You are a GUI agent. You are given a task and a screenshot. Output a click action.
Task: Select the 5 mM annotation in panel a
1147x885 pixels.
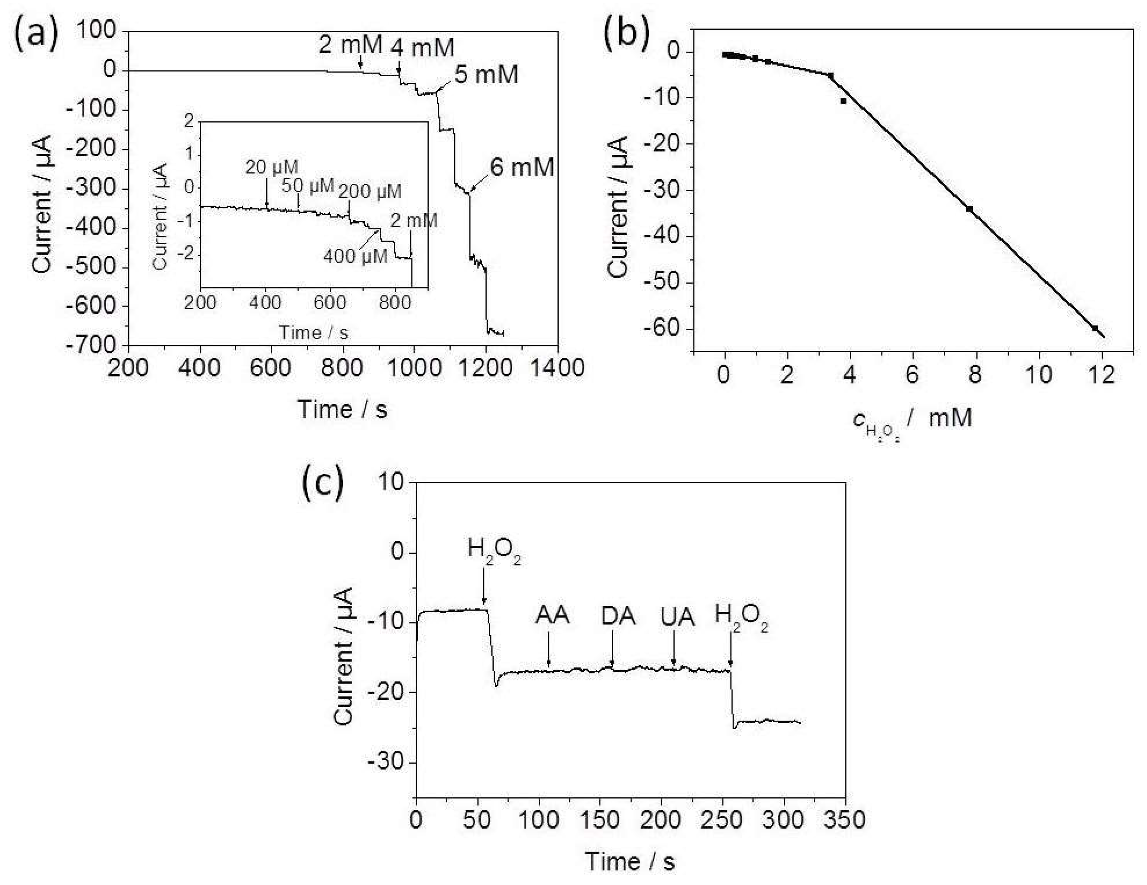click(x=486, y=75)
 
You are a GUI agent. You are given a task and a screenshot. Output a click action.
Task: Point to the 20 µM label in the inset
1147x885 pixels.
click(x=272, y=167)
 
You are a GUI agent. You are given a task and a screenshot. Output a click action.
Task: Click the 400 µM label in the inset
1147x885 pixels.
click(x=355, y=257)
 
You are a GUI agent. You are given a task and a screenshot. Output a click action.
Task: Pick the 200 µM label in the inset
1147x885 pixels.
click(x=370, y=192)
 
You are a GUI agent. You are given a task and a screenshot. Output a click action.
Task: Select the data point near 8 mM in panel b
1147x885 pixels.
click(x=969, y=209)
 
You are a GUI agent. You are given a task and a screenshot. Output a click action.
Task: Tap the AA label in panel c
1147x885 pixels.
click(x=552, y=616)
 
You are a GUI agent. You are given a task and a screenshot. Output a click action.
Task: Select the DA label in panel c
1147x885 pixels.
click(x=618, y=617)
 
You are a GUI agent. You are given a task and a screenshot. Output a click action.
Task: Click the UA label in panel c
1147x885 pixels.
click(x=678, y=618)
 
